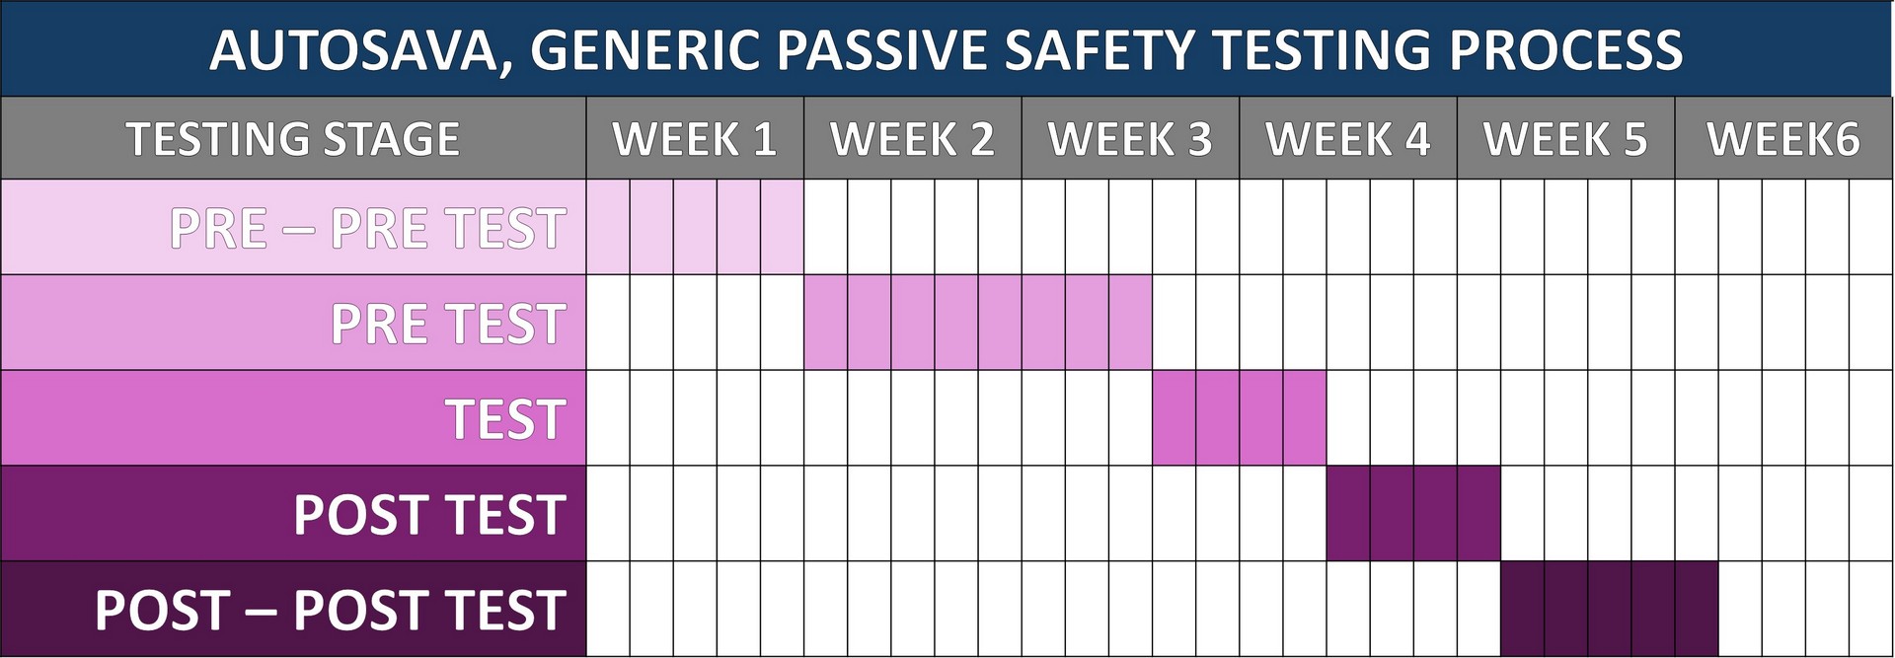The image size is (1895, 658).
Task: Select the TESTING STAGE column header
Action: pyautogui.click(x=293, y=139)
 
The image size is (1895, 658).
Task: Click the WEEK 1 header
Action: pyautogui.click(x=695, y=139)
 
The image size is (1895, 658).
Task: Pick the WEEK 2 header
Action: pyautogui.click(x=913, y=139)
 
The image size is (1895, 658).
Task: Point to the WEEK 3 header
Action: pyautogui.click(x=1130, y=139)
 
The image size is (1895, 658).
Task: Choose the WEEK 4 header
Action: pyautogui.click(x=1348, y=139)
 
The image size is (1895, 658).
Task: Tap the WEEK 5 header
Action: pyautogui.click(x=1565, y=139)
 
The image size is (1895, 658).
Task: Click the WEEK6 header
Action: pyautogui.click(x=1783, y=139)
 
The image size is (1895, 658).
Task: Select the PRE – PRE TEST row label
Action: pyautogui.click(x=368, y=229)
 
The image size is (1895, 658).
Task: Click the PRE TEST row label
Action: pyautogui.click(x=449, y=324)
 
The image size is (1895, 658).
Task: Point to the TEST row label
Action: pyautogui.click(x=506, y=419)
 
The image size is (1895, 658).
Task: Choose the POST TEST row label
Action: pyautogui.click(x=430, y=515)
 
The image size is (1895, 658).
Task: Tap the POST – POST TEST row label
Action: pyautogui.click(x=331, y=610)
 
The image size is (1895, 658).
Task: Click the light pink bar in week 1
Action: pyautogui.click(x=695, y=227)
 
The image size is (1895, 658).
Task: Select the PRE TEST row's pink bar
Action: pyautogui.click(x=978, y=323)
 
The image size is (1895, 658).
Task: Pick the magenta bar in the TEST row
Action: pyautogui.click(x=1240, y=418)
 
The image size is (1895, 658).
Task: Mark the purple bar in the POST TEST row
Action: pyautogui.click(x=1413, y=514)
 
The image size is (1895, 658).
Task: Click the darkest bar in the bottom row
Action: pyautogui.click(x=1610, y=609)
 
